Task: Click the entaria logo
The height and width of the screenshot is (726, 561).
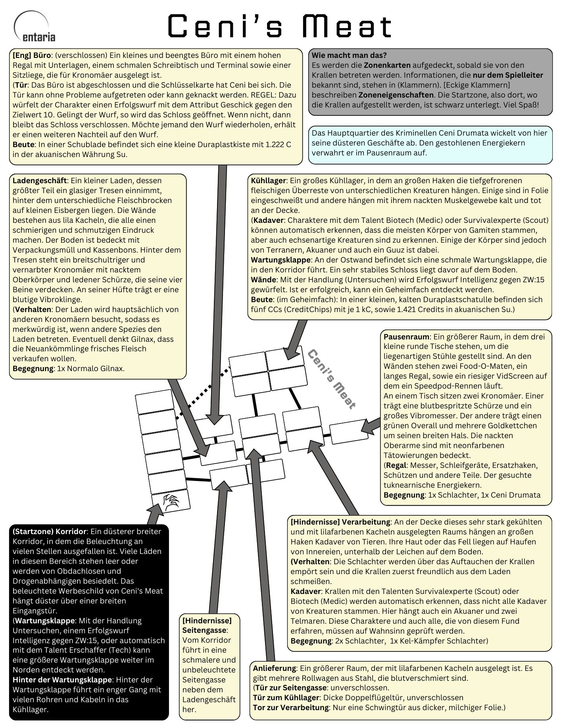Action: pos(35,27)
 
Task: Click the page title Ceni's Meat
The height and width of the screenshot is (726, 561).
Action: pos(280,26)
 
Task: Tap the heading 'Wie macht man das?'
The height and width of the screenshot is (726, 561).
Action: pos(349,55)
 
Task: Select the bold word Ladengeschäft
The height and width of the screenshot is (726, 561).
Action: pos(40,180)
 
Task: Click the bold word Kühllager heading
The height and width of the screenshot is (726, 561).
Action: pos(268,180)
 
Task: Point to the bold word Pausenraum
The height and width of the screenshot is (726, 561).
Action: pos(406,337)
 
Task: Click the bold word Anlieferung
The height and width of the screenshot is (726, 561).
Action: pos(274,668)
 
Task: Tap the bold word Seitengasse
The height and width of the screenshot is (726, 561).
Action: pos(204,630)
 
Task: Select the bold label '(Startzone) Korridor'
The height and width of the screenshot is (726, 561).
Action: pos(50,531)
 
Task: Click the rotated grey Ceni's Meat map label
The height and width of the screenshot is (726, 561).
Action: pos(332,379)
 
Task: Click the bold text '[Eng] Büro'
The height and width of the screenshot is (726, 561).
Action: pos(32,55)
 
